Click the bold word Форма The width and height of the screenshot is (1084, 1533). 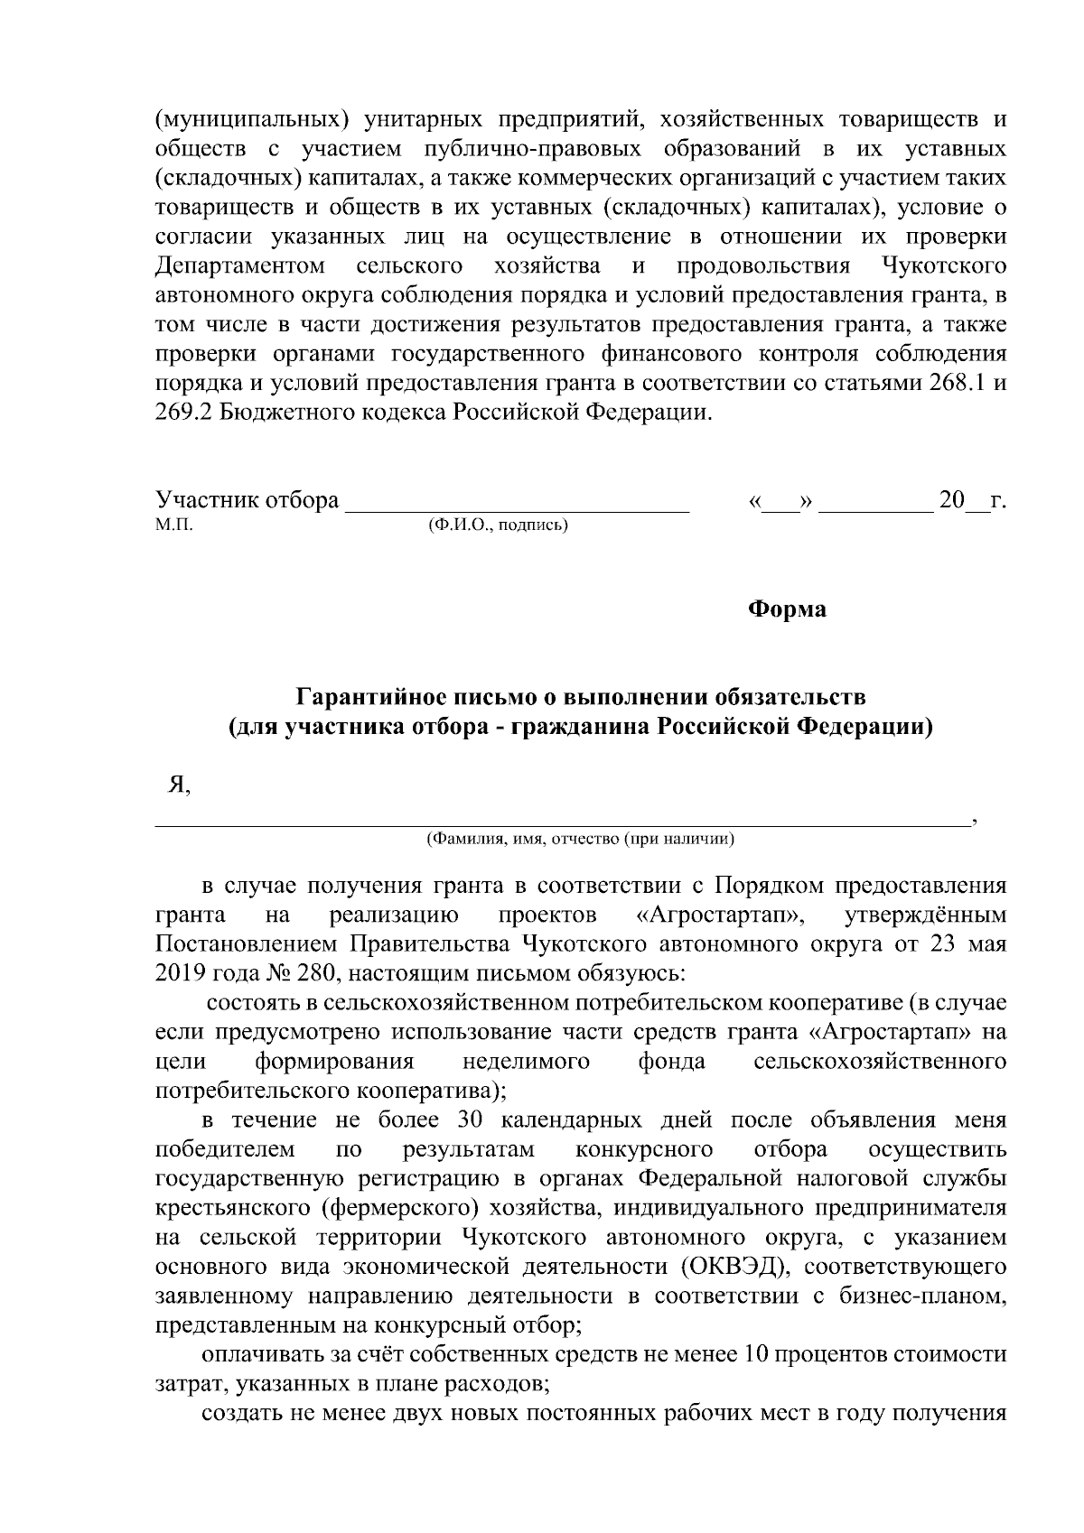coord(787,609)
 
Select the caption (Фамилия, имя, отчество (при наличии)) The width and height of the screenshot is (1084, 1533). coord(580,839)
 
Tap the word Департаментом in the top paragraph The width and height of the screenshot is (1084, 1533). coord(240,266)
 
